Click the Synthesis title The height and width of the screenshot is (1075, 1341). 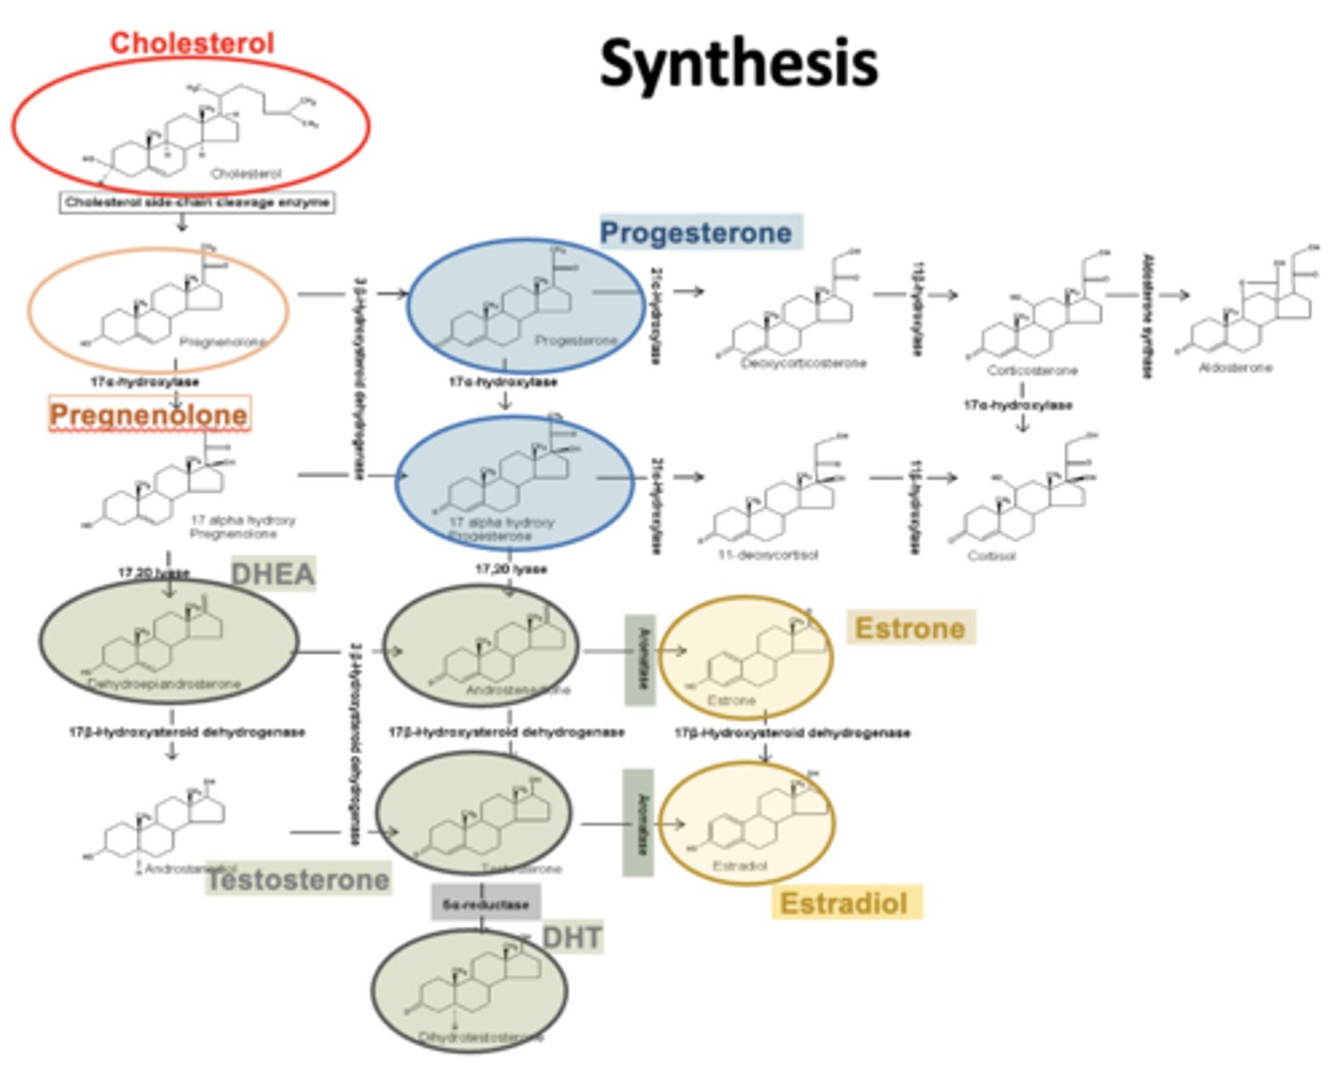pos(738,63)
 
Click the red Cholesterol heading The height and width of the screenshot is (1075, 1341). pos(192,43)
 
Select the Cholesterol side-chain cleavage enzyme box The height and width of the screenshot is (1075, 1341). pos(196,202)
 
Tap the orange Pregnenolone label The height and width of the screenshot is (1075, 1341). pos(149,415)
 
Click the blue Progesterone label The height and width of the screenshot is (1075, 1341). pos(696,232)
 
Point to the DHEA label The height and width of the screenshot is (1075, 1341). pos(273,574)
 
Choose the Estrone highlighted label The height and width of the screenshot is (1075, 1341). pos(910,628)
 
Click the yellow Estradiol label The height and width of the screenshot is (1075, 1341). pos(845,903)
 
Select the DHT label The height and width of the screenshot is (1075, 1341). pos(572,937)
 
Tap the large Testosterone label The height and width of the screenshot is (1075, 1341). pos(298,879)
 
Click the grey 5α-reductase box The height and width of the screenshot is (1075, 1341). pos(485,904)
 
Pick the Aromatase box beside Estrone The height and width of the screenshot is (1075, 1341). pos(640,660)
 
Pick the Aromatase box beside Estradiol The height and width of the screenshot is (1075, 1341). pos(638,823)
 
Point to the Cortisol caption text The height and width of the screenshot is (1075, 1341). pos(992,556)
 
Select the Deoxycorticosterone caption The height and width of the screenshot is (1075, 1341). pos(804,363)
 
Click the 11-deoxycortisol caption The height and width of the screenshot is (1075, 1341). pos(768,555)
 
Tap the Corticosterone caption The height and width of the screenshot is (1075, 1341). pos(1032,371)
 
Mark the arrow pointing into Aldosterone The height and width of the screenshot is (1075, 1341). pos(1175,294)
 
